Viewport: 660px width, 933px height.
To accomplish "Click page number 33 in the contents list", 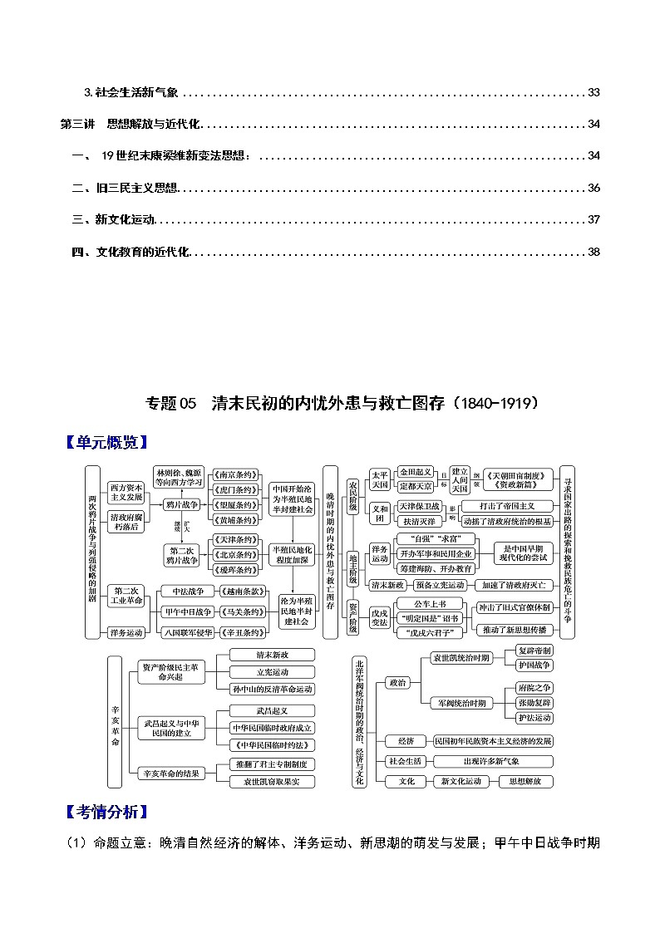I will pyautogui.click(x=593, y=92).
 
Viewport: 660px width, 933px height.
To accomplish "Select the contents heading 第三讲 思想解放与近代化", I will pyautogui.click(x=131, y=124).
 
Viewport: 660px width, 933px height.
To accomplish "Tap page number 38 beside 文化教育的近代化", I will pyautogui.click(x=593, y=251).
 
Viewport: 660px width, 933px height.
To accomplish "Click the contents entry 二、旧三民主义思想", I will pyautogui.click(x=125, y=188).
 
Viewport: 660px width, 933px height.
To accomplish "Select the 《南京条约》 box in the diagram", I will pyautogui.click(x=235, y=472).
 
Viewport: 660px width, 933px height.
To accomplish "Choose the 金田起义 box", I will pyautogui.click(x=416, y=472).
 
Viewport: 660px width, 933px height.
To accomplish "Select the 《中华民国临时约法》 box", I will pyautogui.click(x=273, y=743).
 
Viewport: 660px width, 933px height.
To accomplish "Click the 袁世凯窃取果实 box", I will pyautogui.click(x=273, y=781).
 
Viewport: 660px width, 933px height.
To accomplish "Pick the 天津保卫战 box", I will pyautogui.click(x=420, y=505).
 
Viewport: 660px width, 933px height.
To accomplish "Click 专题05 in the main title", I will pyautogui.click(x=170, y=404).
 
